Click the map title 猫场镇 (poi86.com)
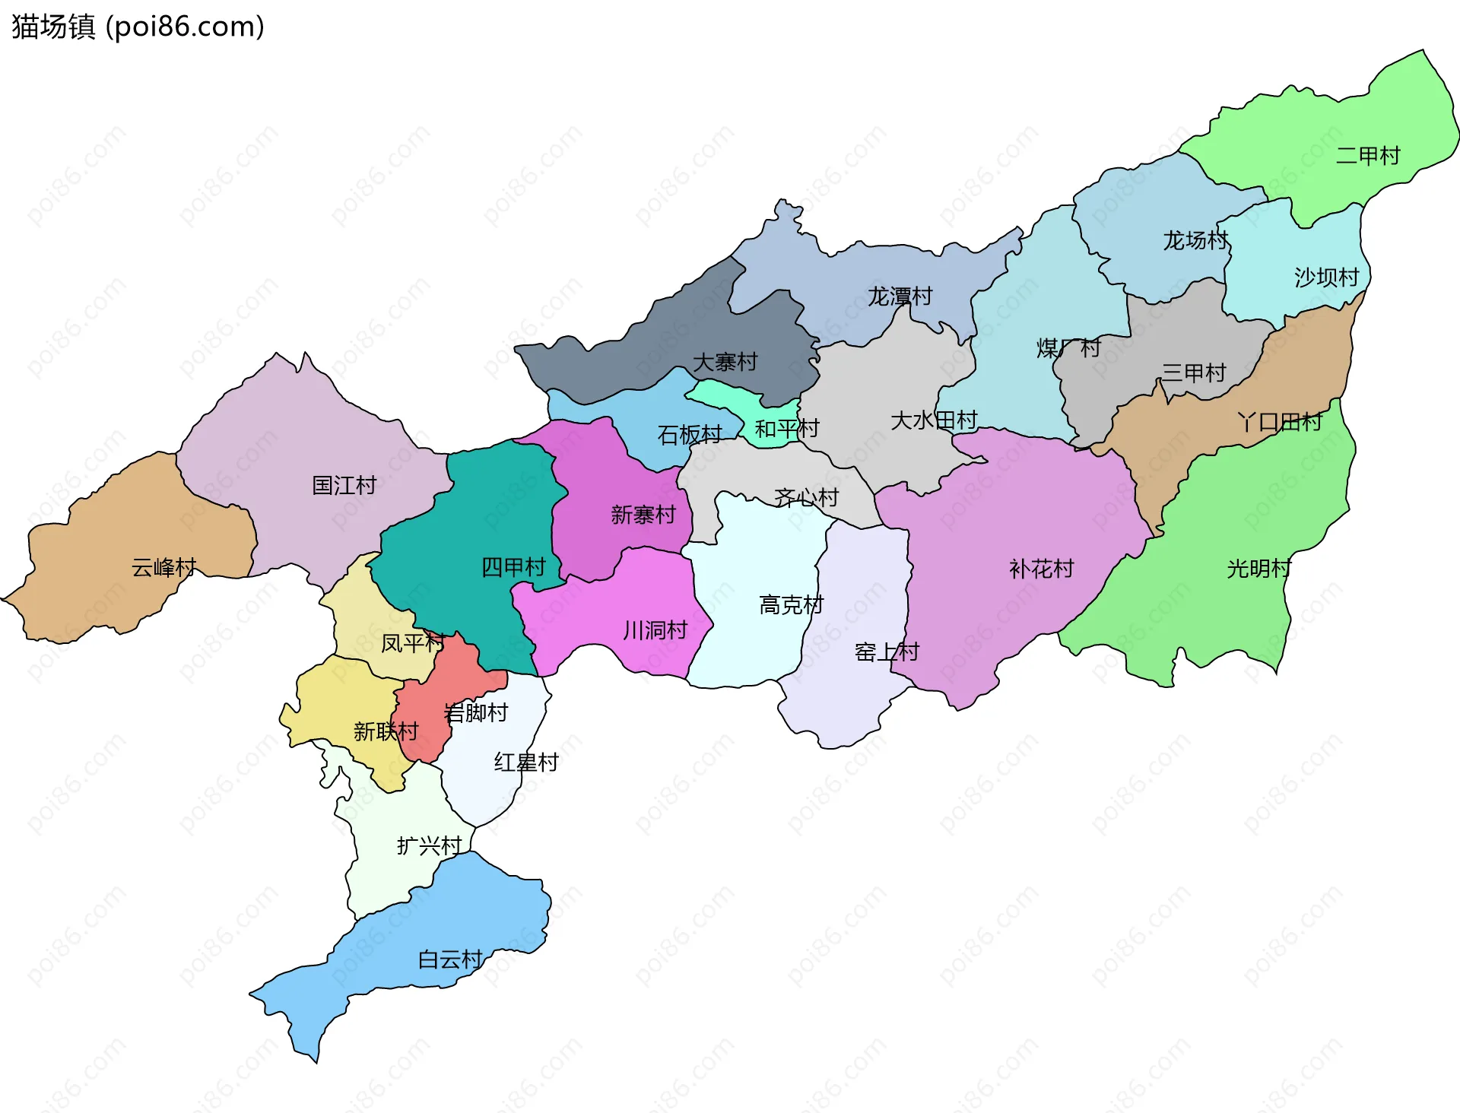(x=138, y=27)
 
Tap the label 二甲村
(x=1367, y=156)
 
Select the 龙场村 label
(x=1195, y=240)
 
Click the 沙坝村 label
(x=1326, y=277)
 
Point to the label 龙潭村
(x=900, y=296)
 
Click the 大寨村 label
(x=725, y=362)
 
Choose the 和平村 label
(x=786, y=429)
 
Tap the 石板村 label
(x=689, y=435)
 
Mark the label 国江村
(x=344, y=485)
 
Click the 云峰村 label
(x=163, y=567)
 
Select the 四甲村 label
(x=513, y=566)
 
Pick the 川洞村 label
(x=655, y=630)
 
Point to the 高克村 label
(x=791, y=605)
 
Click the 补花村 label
(x=1041, y=569)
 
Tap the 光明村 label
(x=1258, y=569)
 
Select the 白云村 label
(x=450, y=959)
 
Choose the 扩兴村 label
(x=429, y=845)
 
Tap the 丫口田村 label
(x=1280, y=422)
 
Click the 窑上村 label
(x=887, y=652)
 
